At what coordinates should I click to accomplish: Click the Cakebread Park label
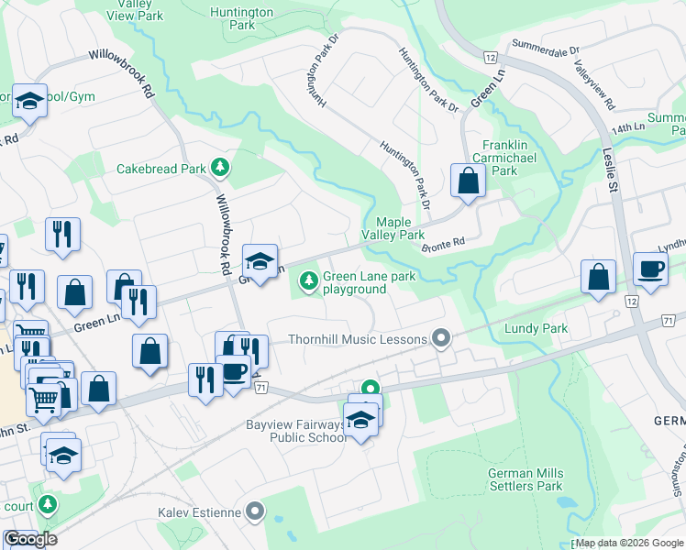161,169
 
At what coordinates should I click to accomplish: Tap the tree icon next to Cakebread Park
219,167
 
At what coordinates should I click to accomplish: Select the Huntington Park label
242,19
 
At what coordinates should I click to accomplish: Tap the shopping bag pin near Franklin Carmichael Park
468,181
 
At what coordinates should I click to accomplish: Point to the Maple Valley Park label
400,228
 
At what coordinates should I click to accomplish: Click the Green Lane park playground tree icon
310,280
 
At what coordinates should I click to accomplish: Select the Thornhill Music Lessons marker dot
442,339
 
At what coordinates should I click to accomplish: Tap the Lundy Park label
536,328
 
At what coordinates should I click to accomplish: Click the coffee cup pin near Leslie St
651,270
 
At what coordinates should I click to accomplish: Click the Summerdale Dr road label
547,46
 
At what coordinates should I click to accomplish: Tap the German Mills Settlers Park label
526,478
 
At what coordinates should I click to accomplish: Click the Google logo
30,539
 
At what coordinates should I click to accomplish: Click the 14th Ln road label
625,129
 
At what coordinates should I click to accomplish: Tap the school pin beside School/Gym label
29,102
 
